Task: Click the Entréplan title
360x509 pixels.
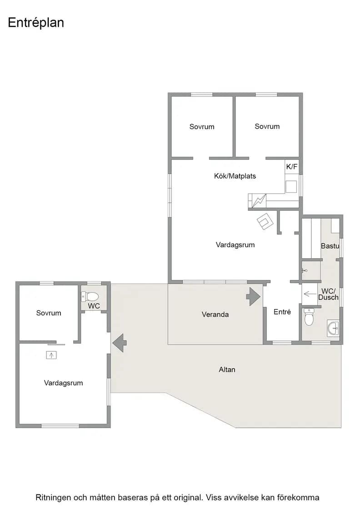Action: click(x=36, y=23)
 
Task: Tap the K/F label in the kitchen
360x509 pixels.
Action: click(x=291, y=167)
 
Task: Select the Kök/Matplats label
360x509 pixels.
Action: click(x=235, y=176)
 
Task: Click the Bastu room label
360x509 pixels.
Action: click(x=330, y=246)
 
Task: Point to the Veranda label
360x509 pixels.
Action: click(x=215, y=314)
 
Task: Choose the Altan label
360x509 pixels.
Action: click(x=227, y=369)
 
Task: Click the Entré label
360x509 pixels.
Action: click(x=282, y=312)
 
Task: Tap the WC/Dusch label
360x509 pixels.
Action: click(x=328, y=294)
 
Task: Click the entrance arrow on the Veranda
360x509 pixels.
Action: click(x=253, y=296)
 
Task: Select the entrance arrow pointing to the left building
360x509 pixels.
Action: click(x=120, y=343)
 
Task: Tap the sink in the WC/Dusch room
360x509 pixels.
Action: click(x=333, y=329)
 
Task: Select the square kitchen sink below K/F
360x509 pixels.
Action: click(x=291, y=187)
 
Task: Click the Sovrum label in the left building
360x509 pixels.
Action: click(x=49, y=313)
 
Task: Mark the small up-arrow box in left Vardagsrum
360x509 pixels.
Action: click(x=51, y=355)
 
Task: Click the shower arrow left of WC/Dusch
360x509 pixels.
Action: click(x=310, y=294)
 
